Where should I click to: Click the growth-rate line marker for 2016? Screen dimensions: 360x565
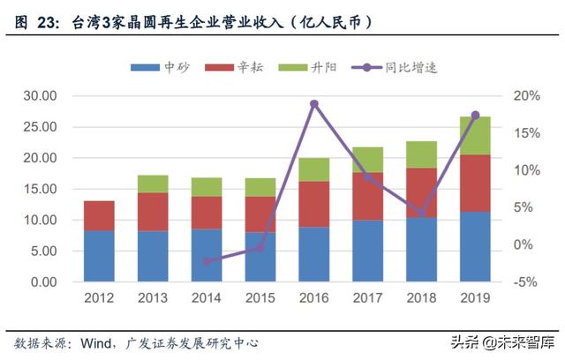pyautogui.click(x=314, y=104)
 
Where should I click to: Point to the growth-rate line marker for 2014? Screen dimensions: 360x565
pyautogui.click(x=207, y=261)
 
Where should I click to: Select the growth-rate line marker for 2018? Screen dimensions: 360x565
pyautogui.click(x=421, y=214)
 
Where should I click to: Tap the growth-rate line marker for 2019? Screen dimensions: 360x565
pyautogui.click(x=475, y=116)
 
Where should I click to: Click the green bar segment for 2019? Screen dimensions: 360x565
pyautogui.click(x=475, y=136)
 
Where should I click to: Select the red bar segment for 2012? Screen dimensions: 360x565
pyautogui.click(x=99, y=215)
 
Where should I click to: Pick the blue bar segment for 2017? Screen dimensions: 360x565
pyautogui.click(x=367, y=251)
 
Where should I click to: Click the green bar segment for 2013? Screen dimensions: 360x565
pyautogui.click(x=153, y=184)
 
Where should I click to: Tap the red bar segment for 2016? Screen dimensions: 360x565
pyautogui.click(x=314, y=204)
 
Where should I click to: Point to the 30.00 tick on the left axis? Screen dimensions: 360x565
pyautogui.click(x=41, y=95)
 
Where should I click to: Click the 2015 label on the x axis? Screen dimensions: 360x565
pyautogui.click(x=260, y=299)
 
